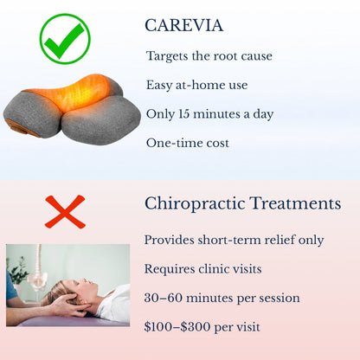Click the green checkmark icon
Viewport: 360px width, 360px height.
tap(65, 37)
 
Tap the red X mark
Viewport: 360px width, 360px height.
tap(65, 211)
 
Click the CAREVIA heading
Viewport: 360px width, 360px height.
tap(184, 25)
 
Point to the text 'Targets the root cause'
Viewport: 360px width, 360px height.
tap(209, 56)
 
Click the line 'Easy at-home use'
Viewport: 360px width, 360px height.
tap(196, 85)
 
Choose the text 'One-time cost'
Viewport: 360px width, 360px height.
tap(189, 142)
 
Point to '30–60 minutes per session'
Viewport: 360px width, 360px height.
tap(222, 298)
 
